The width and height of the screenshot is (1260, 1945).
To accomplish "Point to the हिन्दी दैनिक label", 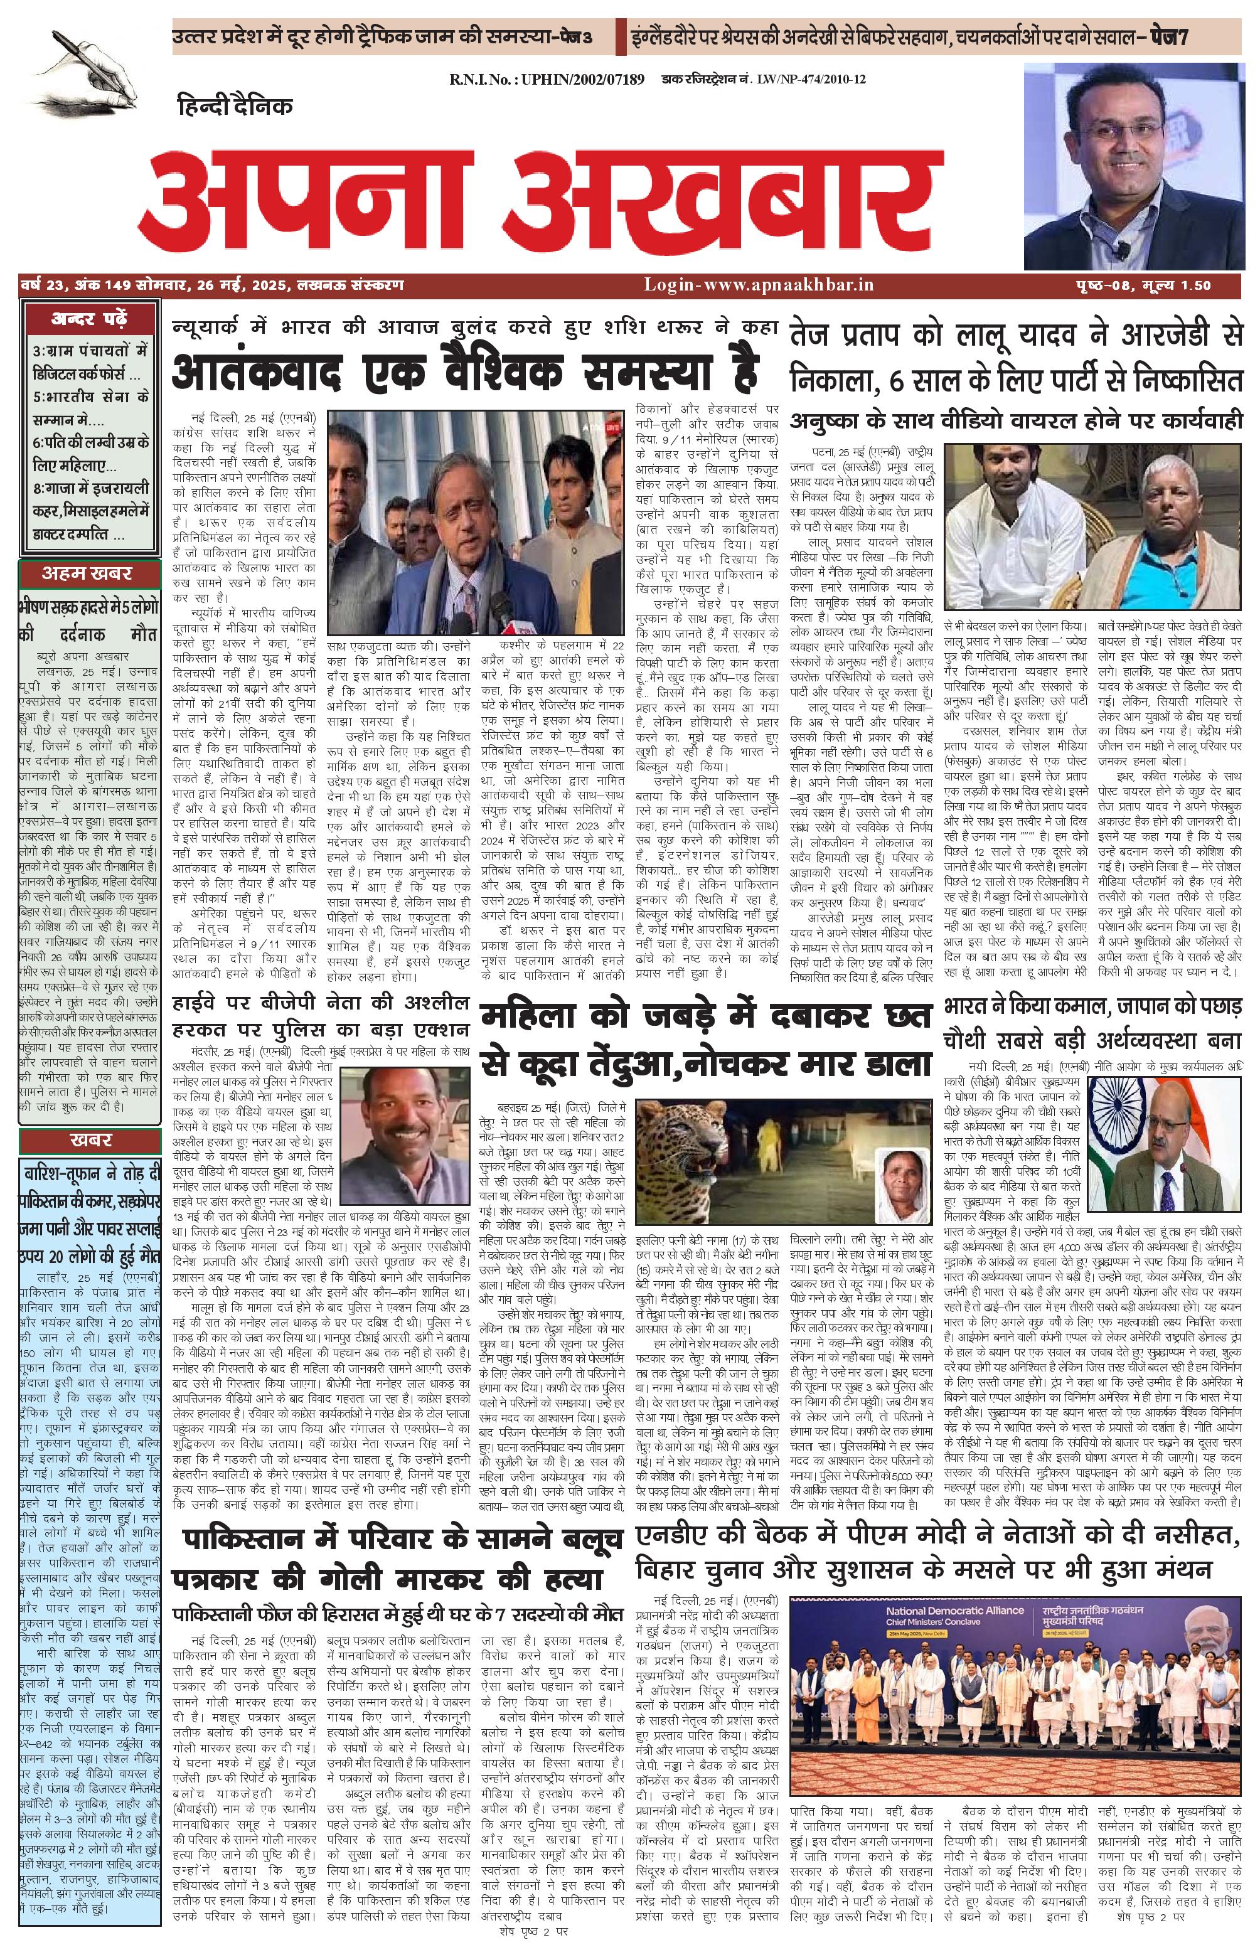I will coord(235,106).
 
